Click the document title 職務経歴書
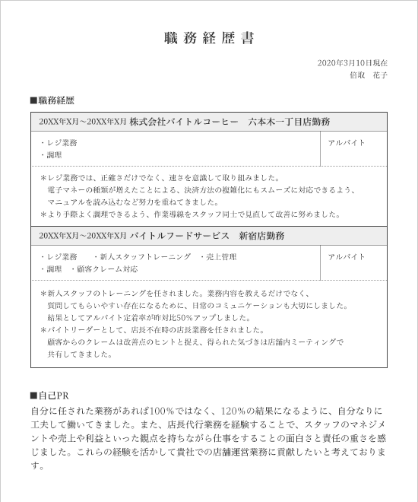point(209,38)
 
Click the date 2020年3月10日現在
point(352,63)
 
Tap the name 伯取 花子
point(369,76)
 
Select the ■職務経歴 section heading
point(52,100)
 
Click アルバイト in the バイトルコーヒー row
point(347,143)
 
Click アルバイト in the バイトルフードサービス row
point(347,257)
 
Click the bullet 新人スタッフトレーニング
point(145,257)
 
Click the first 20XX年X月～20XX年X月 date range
point(82,122)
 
